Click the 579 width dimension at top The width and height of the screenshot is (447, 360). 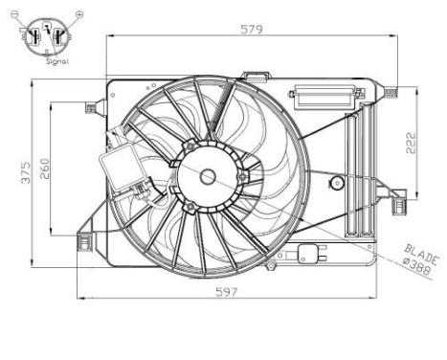tap(251, 29)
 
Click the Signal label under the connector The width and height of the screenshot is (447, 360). tap(55, 59)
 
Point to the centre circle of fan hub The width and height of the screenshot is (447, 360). tap(208, 175)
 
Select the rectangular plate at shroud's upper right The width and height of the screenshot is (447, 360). tap(325, 96)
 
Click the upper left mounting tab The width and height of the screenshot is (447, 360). tap(94, 105)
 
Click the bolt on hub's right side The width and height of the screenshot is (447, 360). tap(243, 175)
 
